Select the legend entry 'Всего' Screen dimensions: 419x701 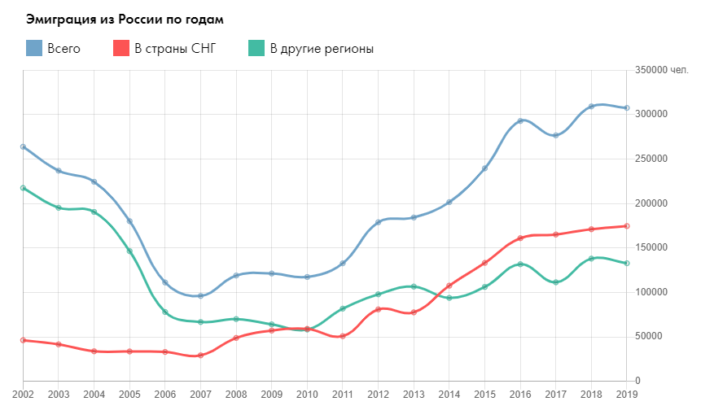[54, 49]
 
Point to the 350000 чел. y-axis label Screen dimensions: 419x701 [661, 71]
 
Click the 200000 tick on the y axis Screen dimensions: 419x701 [651, 203]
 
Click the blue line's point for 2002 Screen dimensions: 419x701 [23, 146]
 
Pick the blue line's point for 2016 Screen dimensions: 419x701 [519, 121]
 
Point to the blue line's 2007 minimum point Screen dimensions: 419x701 [200, 295]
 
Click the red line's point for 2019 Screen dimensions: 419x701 [626, 226]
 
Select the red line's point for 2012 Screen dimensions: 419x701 [378, 309]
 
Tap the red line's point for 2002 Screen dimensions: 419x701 [23, 340]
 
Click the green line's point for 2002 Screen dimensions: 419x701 [23, 188]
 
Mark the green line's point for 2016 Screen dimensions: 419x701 [519, 264]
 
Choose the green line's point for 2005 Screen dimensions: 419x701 [129, 251]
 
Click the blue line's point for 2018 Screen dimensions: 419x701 [591, 107]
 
